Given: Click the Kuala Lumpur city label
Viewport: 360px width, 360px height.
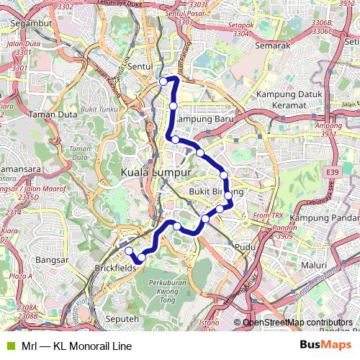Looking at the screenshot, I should [156, 174].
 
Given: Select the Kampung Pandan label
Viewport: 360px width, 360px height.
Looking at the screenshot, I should [324, 217].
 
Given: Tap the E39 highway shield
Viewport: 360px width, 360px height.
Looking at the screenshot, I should [332, 173].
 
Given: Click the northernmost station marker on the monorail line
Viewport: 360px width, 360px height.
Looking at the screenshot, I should [163, 81].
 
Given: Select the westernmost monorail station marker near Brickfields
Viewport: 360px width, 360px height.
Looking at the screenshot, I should [129, 251].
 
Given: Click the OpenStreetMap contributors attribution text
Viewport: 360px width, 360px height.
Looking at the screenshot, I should [297, 323].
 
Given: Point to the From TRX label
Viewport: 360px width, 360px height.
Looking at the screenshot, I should [268, 215].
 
